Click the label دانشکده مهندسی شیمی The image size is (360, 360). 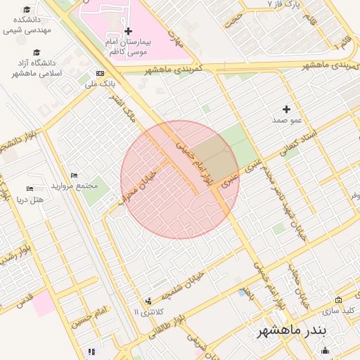coord(26,25)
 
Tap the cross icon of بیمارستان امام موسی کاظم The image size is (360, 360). coord(128,32)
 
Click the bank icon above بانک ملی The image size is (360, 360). coord(100,73)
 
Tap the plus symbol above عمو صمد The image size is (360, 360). coord(286,109)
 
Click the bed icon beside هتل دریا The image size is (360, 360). coord(30,188)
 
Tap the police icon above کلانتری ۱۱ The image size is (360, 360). coord(148,301)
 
